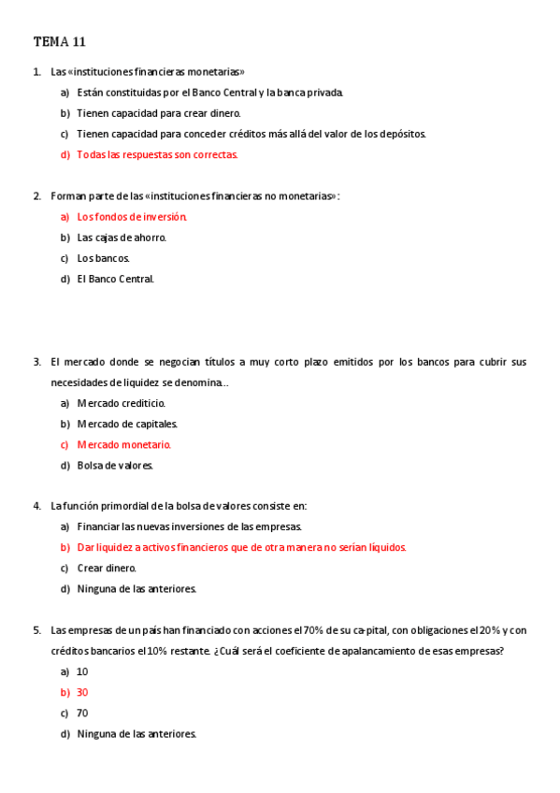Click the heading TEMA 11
60,41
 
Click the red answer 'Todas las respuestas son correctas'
157,154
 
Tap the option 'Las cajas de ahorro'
122,237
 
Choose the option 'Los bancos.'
104,257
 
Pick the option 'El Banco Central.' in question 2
116,278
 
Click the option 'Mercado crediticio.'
122,403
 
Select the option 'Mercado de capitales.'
127,424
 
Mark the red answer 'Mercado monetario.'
124,444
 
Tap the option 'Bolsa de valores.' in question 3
116,465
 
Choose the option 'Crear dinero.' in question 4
107,568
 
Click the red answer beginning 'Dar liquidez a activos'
241,547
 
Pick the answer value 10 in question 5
82,671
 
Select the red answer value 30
82,692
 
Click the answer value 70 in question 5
82,713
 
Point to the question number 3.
36,362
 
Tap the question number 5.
36,629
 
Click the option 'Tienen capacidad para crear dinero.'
159,113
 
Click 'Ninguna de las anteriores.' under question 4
136,588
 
